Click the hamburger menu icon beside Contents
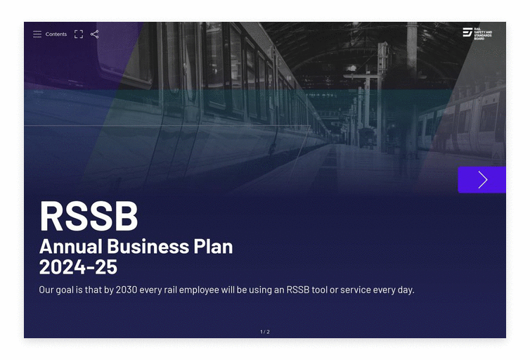37,34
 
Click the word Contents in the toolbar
56,34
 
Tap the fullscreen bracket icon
79,34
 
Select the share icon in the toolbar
95,34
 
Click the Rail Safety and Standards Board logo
477,34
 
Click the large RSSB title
89,217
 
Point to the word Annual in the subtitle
71,246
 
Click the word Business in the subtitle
148,246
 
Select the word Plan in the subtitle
213,246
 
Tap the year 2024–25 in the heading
78,267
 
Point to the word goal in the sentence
63,290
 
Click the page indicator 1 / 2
265,332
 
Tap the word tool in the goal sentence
319,290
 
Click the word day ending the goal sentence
406,290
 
